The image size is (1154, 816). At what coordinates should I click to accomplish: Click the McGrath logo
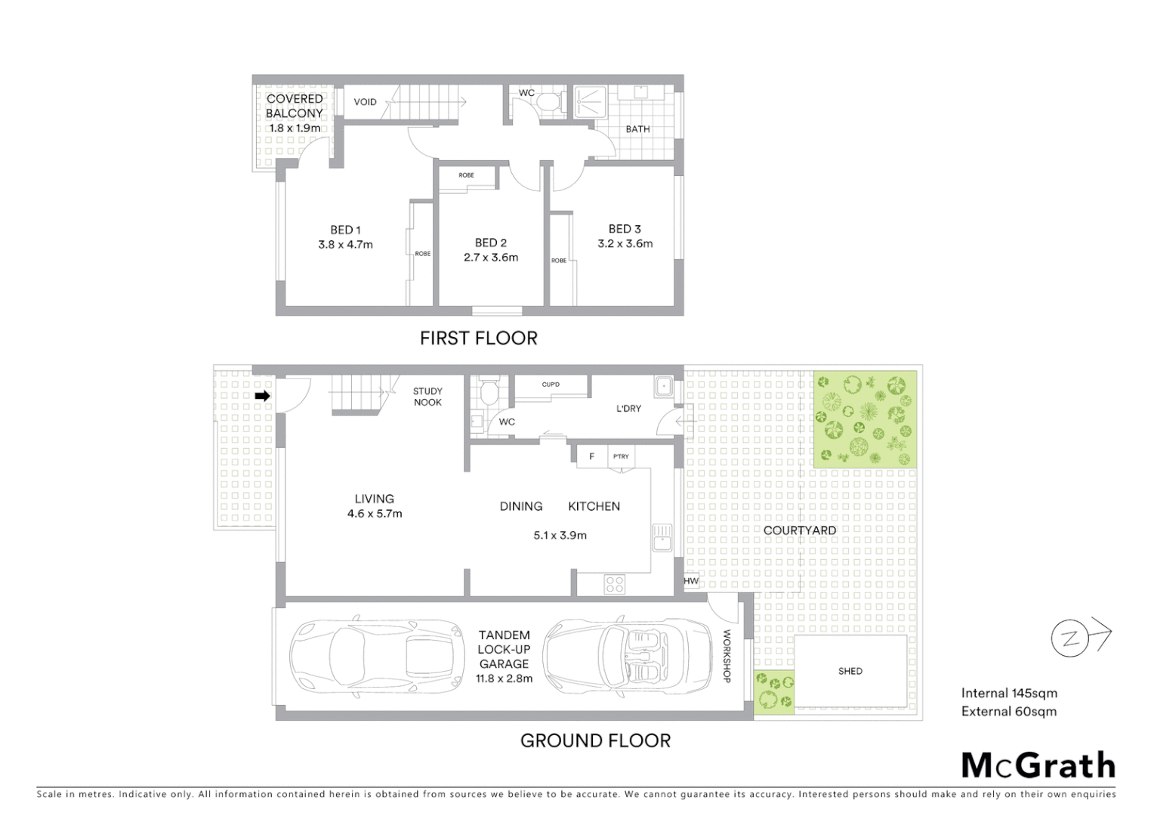pos(1038,765)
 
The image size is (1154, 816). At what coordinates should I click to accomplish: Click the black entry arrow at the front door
pos(262,396)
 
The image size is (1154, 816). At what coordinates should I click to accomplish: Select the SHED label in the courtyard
pos(850,671)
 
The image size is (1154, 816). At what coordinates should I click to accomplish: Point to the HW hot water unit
pos(691,581)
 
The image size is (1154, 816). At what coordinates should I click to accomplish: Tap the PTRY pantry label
pos(621,456)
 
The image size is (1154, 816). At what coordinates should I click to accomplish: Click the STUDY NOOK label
pos(427,397)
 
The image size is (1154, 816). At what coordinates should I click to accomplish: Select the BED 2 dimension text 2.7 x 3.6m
pos(491,257)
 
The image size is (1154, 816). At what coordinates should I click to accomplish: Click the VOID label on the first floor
pos(365,102)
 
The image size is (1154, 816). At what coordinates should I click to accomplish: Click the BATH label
pos(637,129)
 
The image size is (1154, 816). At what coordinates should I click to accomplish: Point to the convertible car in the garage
pos(628,654)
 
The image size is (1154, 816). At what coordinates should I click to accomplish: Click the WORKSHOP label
pos(727,656)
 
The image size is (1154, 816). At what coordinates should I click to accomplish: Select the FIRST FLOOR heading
pos(478,338)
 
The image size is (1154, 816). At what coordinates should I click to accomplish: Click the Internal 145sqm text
pos(1009,693)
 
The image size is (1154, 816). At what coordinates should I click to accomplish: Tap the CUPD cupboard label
pos(551,385)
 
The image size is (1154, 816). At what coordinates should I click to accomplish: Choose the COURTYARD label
pos(799,530)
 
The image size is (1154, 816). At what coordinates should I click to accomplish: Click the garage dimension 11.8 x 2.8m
pos(504,678)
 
